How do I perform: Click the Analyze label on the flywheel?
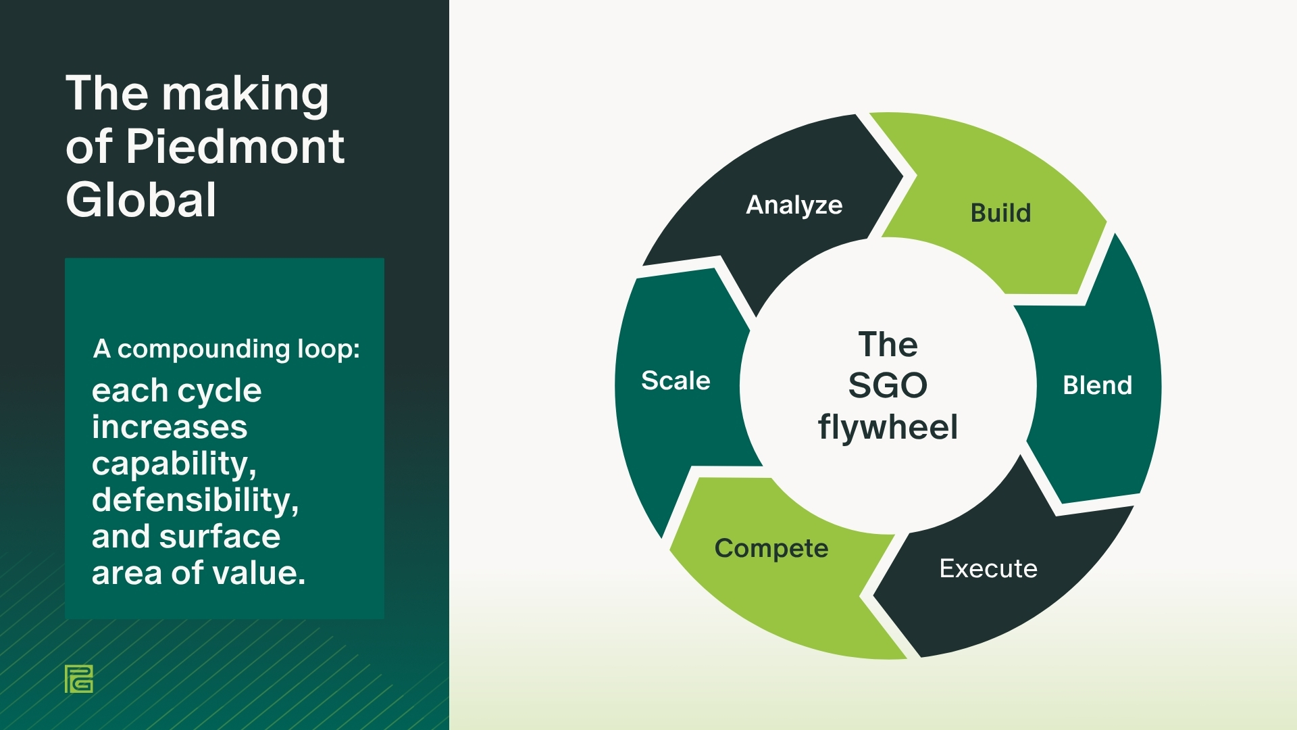tap(794, 205)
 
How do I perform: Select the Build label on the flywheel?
tap(1000, 213)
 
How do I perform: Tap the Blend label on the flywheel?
tap(1097, 385)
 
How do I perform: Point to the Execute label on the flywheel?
tap(988, 568)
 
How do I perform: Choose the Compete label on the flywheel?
tap(771, 548)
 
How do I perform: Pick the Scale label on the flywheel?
tap(676, 381)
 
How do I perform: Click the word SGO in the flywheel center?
tap(888, 385)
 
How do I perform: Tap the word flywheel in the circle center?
tap(888, 427)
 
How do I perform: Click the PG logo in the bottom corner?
tap(79, 679)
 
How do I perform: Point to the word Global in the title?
tap(141, 200)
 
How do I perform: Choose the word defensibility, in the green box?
tap(195, 500)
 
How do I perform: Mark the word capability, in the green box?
tap(174, 464)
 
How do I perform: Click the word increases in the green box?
tap(170, 427)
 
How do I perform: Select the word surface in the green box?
tap(219, 537)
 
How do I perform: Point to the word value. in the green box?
tap(259, 573)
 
